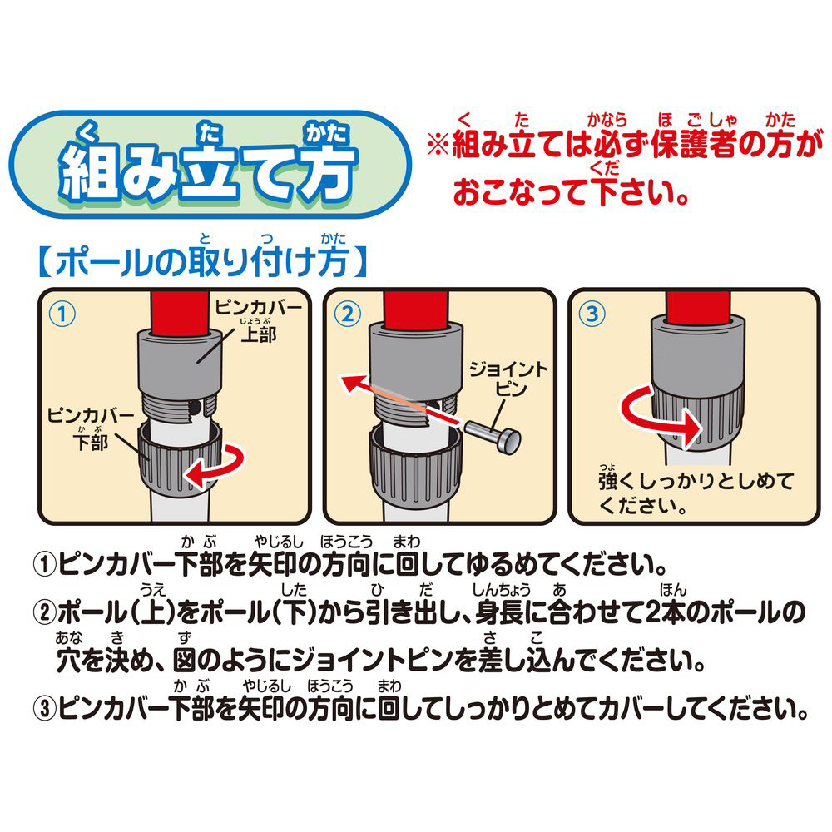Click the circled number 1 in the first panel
click(62, 314)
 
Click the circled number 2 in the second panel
click(348, 314)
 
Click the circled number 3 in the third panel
click(592, 314)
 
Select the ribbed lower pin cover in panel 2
click(415, 466)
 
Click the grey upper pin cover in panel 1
click(180, 362)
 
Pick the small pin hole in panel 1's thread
click(196, 408)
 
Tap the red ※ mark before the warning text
click(439, 144)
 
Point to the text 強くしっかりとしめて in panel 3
click(696, 481)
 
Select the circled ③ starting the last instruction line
click(45, 708)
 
